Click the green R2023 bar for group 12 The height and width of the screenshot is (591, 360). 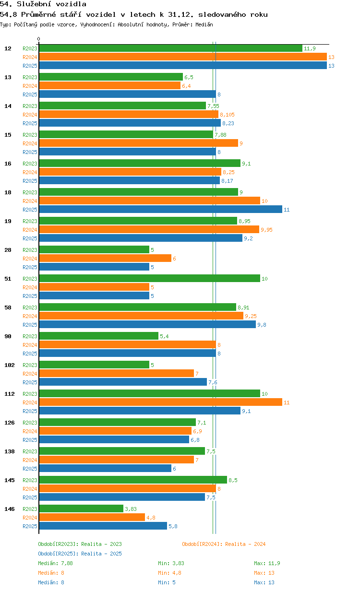click(x=171, y=48)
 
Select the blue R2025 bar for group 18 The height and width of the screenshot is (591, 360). click(x=161, y=209)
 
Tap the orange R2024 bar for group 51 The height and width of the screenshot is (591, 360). click(x=94, y=287)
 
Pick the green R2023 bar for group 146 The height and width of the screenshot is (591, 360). click(x=81, y=508)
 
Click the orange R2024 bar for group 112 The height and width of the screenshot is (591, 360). click(x=161, y=402)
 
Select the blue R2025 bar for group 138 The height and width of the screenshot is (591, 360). click(x=105, y=468)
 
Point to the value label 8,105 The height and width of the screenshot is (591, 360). click(x=227, y=115)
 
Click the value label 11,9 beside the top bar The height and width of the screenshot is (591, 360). click(x=310, y=48)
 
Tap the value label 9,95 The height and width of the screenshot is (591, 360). click(x=266, y=230)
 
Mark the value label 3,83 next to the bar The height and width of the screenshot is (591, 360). click(x=131, y=509)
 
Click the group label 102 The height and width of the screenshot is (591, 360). click(x=10, y=365)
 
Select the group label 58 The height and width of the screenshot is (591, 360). click(x=8, y=307)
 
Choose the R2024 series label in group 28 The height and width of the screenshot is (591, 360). click(x=30, y=259)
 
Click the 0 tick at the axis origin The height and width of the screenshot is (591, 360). click(x=39, y=39)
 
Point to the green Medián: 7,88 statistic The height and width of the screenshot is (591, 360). click(x=55, y=563)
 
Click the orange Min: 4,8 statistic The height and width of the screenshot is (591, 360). click(x=170, y=573)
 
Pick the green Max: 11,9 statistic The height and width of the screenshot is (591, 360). click(x=267, y=563)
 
